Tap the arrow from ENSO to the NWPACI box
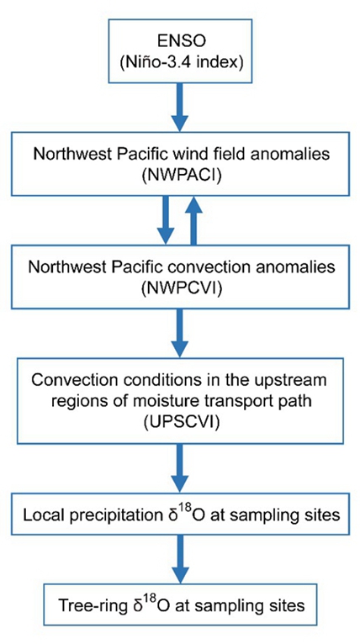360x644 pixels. pos(180,107)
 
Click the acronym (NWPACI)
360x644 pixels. pos(181,174)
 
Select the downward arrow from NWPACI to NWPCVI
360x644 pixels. pos(166,220)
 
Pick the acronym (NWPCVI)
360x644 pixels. pos(181,288)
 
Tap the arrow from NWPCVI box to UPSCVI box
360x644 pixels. pos(180,332)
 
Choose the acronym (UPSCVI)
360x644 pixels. pos(181,420)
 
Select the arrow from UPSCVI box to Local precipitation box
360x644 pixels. pos(180,467)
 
